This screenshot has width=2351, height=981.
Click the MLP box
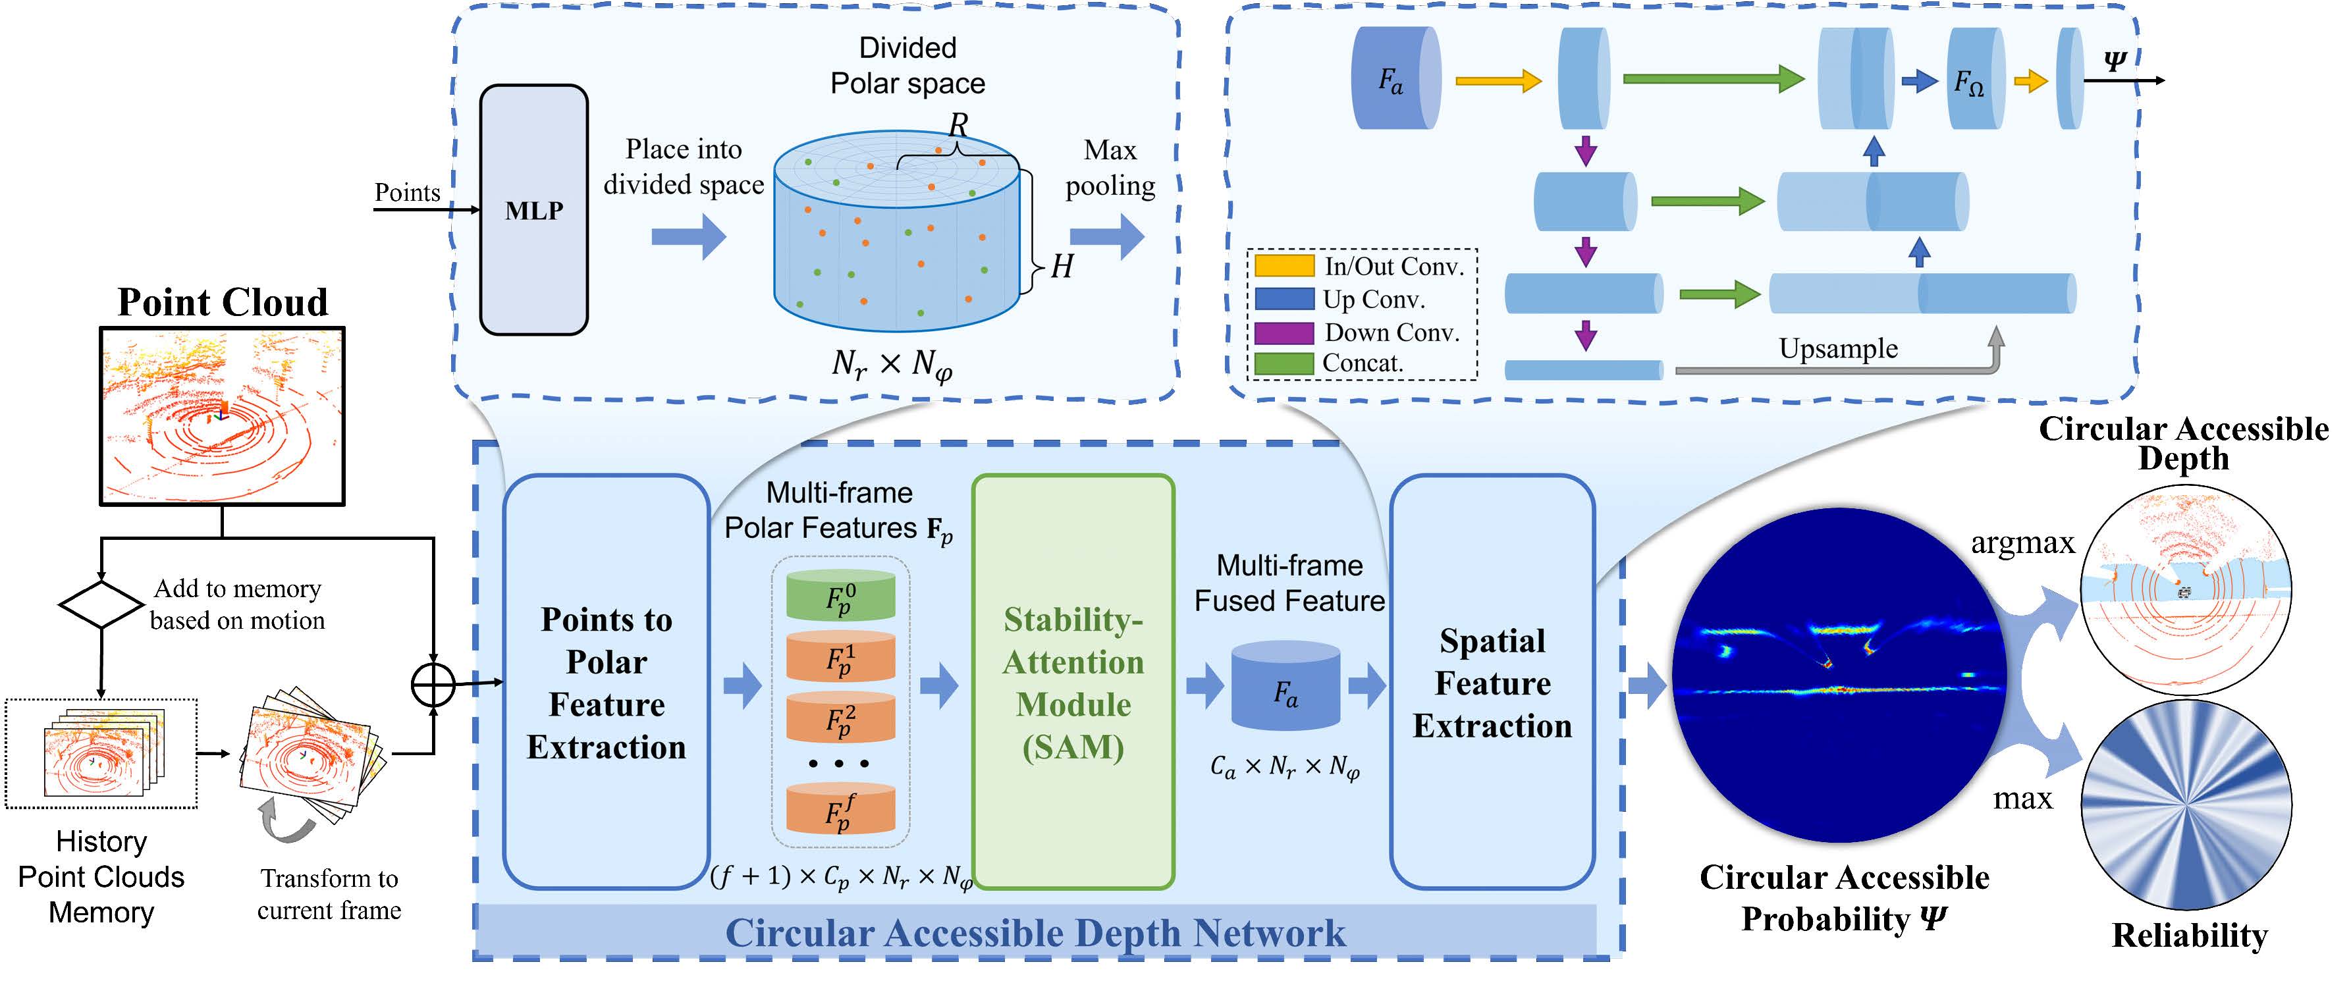tap(534, 210)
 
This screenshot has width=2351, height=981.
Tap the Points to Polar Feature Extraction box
tap(606, 681)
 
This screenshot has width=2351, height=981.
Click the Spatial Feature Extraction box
tap(1492, 681)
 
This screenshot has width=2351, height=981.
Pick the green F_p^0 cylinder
tap(840, 596)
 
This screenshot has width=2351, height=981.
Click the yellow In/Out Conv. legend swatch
tap(1284, 265)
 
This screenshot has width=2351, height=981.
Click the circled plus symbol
tap(433, 685)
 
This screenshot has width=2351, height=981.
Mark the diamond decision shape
tap(100, 604)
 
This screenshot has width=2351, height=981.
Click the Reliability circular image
tap(2187, 804)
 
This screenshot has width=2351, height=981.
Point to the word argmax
tap(2022, 543)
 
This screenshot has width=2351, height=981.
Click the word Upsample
tap(1838, 348)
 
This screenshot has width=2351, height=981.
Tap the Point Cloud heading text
tap(223, 302)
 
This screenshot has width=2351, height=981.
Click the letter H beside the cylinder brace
tap(1062, 267)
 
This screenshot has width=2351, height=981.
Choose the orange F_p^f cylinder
tap(840, 810)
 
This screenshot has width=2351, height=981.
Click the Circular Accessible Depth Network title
tap(1035, 933)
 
